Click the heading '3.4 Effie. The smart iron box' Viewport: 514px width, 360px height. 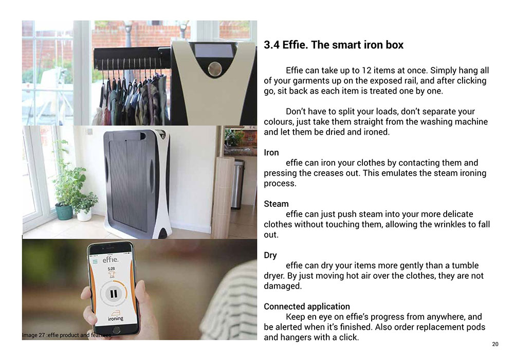(x=334, y=45)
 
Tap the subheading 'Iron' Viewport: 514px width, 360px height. (x=271, y=152)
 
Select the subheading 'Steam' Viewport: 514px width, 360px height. (x=276, y=204)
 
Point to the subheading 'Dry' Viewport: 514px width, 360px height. (x=270, y=256)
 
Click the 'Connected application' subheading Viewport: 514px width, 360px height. (x=307, y=307)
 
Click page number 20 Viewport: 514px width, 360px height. (x=495, y=344)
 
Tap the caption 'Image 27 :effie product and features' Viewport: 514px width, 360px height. (x=66, y=335)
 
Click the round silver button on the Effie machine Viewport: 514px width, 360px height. (x=215, y=68)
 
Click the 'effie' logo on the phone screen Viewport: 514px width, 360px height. (x=111, y=260)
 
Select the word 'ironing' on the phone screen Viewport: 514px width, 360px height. (x=116, y=318)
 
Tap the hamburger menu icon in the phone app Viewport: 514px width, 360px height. (x=95, y=262)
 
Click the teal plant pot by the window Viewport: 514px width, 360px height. (x=64, y=211)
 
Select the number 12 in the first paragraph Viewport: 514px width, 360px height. (x=366, y=70)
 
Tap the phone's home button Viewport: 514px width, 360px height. (x=116, y=330)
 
